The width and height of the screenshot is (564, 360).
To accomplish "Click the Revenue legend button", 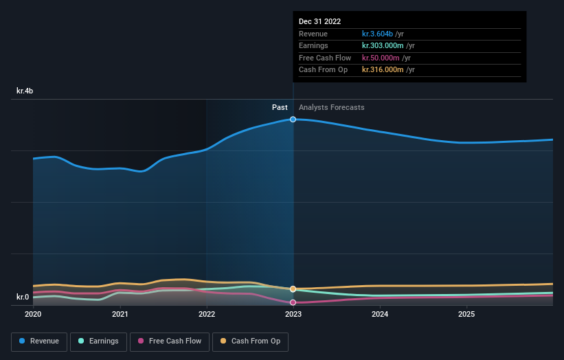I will click(39, 341).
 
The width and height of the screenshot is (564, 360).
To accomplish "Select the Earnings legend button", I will click(98, 341).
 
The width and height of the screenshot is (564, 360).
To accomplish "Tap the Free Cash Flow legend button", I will click(169, 341).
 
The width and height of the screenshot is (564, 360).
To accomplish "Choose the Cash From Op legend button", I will click(251, 341).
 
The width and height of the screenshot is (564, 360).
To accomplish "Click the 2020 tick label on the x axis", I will click(33, 315).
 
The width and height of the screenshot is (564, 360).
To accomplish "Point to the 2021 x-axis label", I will click(120, 315).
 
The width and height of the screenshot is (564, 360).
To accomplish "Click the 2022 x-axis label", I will click(207, 315).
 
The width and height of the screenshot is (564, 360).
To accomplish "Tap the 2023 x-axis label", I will click(293, 315).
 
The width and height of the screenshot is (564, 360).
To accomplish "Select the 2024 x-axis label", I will click(380, 315).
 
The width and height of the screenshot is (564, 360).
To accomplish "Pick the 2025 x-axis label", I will click(466, 315).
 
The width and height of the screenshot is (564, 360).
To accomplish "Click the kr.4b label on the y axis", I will click(25, 91).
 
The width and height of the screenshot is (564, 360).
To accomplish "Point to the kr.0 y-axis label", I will click(23, 297).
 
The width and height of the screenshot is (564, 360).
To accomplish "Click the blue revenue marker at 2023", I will click(293, 120).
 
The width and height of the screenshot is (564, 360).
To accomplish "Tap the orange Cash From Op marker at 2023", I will click(293, 289).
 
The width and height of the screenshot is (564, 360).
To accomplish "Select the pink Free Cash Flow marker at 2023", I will click(293, 302).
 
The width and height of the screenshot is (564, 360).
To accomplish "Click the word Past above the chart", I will click(280, 107).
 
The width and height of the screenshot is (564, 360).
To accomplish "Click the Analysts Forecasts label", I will click(332, 107).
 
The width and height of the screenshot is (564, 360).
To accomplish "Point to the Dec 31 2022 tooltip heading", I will click(319, 21).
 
